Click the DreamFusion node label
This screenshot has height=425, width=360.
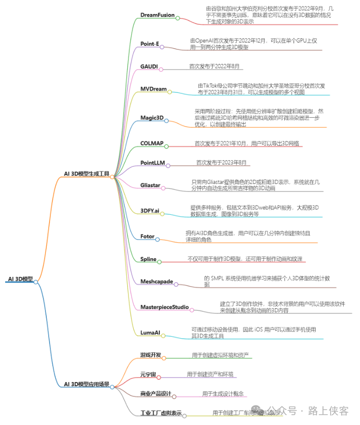pos(157,15)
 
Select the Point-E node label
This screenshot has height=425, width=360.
pos(150,44)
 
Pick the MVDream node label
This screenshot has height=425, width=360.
pos(153,89)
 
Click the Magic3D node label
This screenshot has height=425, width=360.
pos(152,118)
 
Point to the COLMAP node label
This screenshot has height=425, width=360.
pos(151,143)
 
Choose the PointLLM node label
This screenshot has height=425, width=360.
pos(153,163)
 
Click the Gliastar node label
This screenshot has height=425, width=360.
pos(150,185)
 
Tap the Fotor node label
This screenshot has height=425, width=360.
pos(147,237)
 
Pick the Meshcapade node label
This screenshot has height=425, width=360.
pos(157,282)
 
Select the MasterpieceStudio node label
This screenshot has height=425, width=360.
pos(165,307)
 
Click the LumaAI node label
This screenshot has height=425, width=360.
pos(150,333)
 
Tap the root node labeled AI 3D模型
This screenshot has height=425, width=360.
pos(20,279)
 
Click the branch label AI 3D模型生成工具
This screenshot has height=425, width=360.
pos(86,174)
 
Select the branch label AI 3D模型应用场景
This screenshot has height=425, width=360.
pos(86,384)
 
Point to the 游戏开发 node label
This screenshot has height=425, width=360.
pos(151,355)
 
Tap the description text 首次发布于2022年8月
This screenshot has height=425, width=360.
pos(214,67)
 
